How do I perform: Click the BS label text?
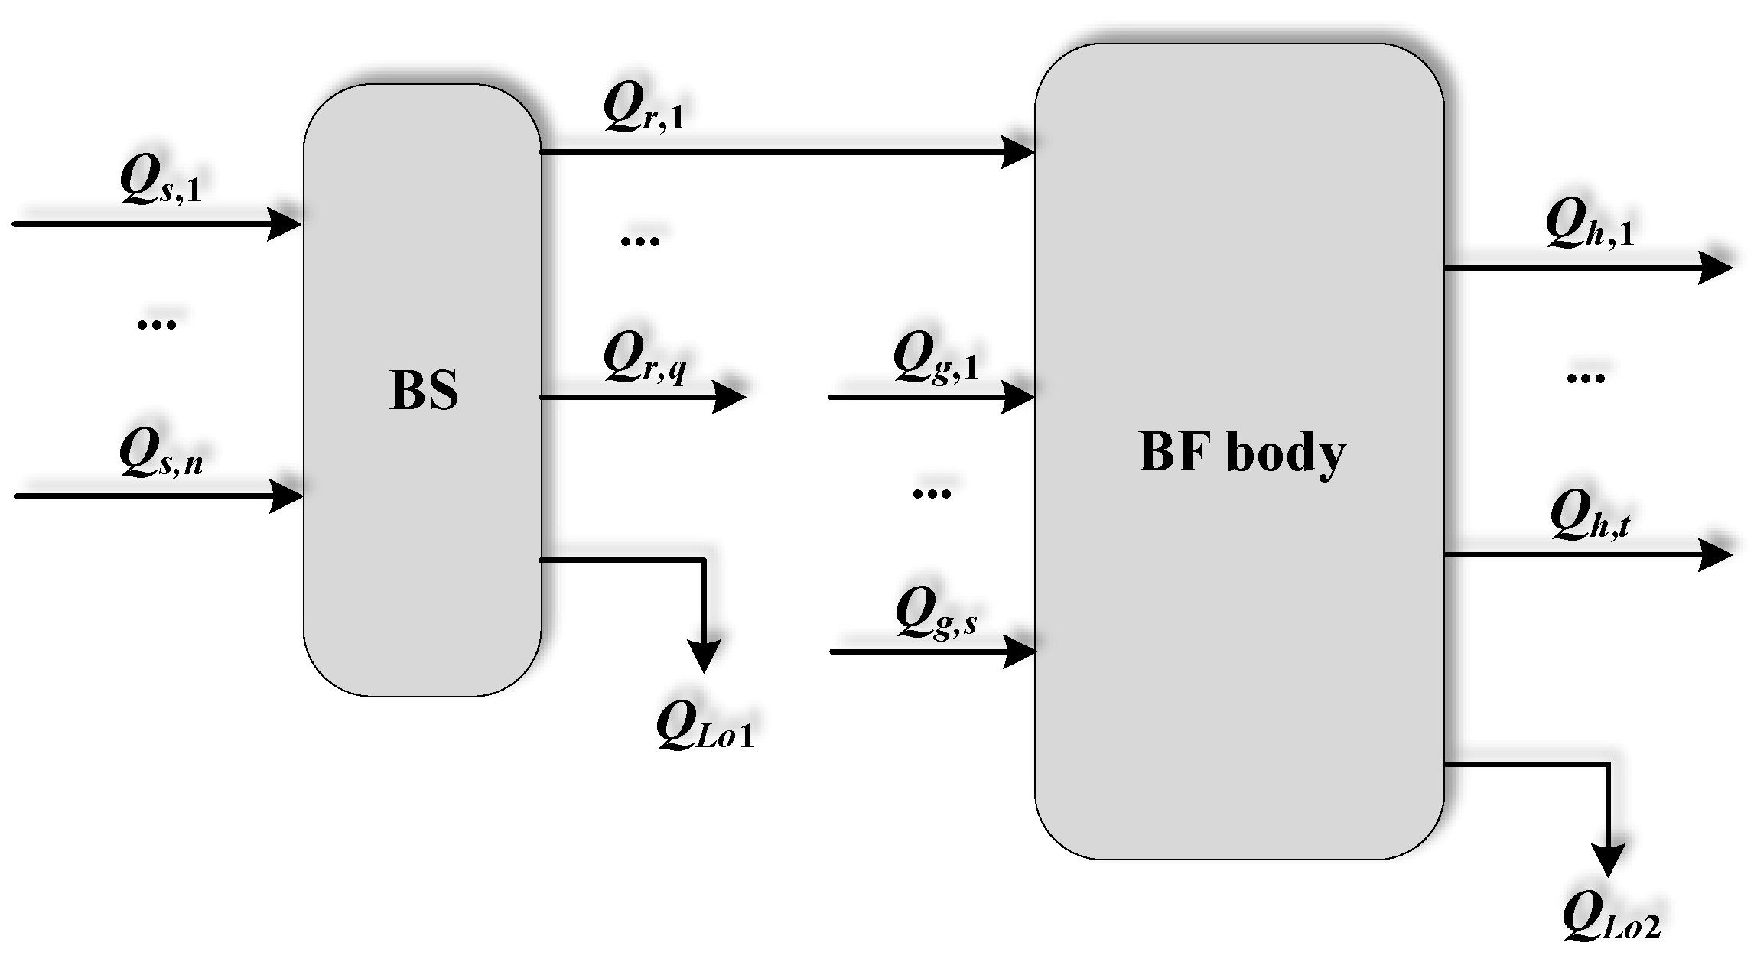pyautogui.click(x=424, y=391)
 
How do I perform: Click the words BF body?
pyautogui.click(x=1241, y=453)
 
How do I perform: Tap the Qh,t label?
pyautogui.click(x=1590, y=515)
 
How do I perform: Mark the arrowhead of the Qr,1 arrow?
pyautogui.click(x=1019, y=152)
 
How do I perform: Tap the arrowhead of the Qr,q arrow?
pyautogui.click(x=729, y=397)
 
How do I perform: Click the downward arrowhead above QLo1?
pyautogui.click(x=704, y=657)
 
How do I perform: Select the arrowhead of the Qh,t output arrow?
pyautogui.click(x=1715, y=554)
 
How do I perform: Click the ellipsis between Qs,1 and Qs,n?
pyautogui.click(x=156, y=324)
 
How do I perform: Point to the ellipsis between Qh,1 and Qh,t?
pyautogui.click(x=1585, y=378)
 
